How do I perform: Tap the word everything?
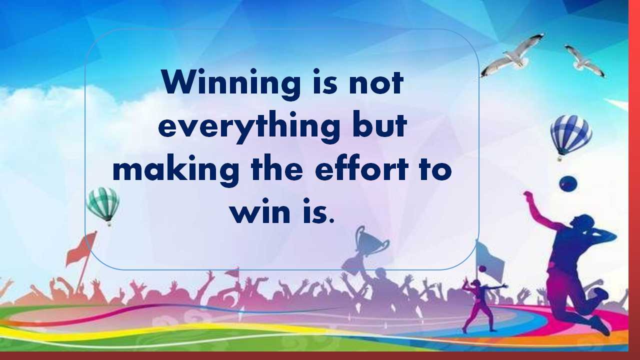point(249,127)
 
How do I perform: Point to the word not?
point(376,83)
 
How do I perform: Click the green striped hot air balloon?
point(103,205)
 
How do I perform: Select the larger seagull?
point(513,56)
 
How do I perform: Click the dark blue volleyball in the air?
point(568,183)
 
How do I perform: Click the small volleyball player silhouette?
point(483,305)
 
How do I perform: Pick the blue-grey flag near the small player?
point(489,260)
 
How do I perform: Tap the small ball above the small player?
point(482,269)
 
